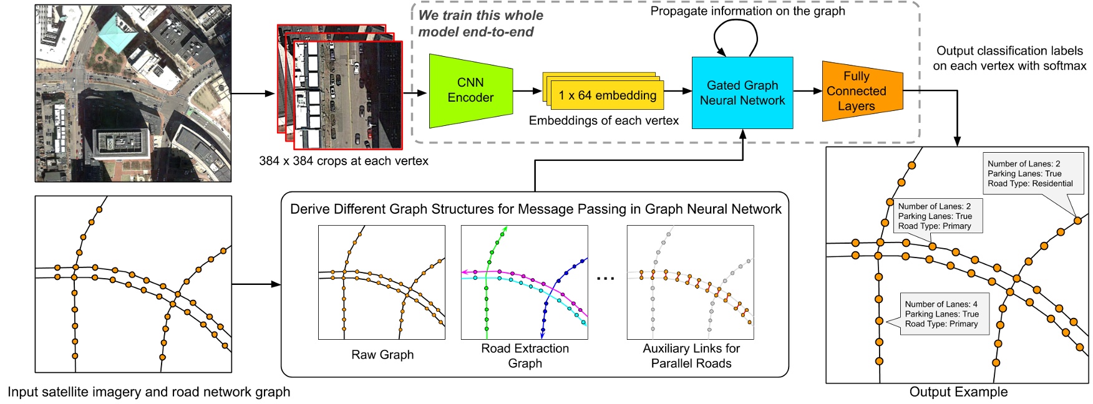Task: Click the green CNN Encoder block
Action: point(470,90)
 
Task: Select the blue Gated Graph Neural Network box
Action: point(742,93)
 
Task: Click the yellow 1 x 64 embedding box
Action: point(606,95)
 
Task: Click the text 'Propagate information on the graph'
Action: point(747,11)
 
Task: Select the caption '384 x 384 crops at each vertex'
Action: point(344,161)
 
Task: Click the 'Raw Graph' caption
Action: point(382,355)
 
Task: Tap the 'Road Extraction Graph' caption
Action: point(525,356)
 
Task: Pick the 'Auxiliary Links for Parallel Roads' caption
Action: point(691,356)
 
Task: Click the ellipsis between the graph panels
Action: point(605,278)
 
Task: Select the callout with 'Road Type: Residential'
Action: point(1029,173)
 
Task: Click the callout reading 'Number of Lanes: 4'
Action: point(943,314)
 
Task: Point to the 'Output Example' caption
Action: point(958,392)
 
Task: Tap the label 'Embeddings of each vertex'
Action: point(603,121)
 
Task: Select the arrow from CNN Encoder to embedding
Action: point(528,91)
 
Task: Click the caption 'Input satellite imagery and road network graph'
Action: point(148,392)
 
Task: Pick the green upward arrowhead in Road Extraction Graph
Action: point(505,229)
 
